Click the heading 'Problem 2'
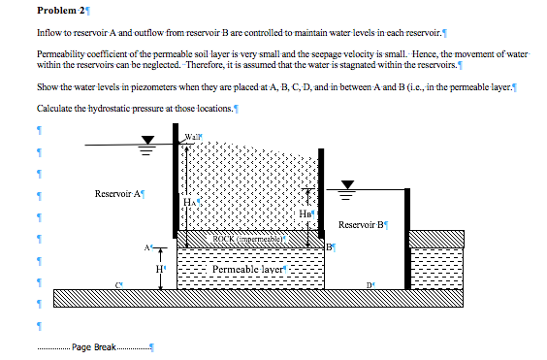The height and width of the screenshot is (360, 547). point(61,11)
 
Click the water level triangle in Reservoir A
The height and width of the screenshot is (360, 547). point(147,149)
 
